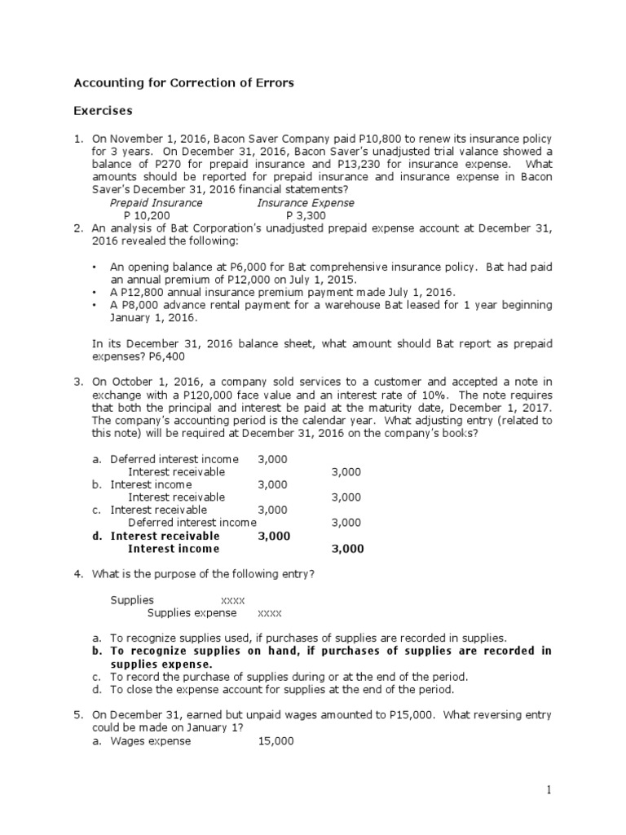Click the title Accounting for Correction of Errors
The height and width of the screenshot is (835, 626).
pyautogui.click(x=184, y=82)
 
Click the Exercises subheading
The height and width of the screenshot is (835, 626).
pyautogui.click(x=104, y=109)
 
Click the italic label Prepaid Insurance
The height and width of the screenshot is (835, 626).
pyautogui.click(x=156, y=203)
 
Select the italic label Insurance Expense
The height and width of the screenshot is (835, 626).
pyautogui.click(x=306, y=203)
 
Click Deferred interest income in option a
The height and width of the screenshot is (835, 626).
pyautogui.click(x=174, y=459)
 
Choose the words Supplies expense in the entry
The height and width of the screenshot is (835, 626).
pyautogui.click(x=192, y=613)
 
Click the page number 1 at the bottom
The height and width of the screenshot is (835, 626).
pyautogui.click(x=550, y=789)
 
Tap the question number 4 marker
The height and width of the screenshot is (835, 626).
pyautogui.click(x=78, y=574)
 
